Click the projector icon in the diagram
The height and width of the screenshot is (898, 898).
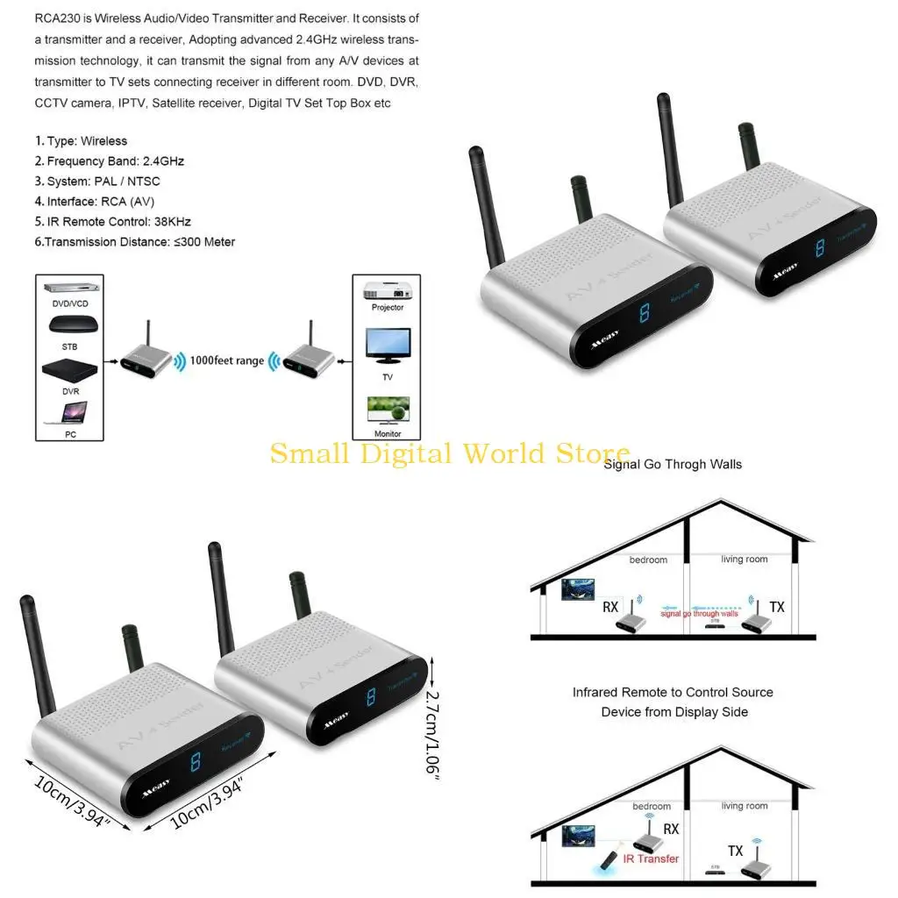(x=387, y=290)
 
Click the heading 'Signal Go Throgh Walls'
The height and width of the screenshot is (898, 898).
(x=672, y=464)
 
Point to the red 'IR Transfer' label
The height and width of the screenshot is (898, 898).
(x=651, y=859)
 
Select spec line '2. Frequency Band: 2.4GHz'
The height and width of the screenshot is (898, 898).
(x=109, y=161)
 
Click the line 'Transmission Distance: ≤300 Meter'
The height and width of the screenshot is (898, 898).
(x=135, y=242)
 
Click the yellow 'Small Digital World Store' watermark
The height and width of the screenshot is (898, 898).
(x=449, y=453)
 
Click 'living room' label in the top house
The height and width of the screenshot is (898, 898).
(x=744, y=559)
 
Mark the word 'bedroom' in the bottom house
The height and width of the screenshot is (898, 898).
(x=652, y=806)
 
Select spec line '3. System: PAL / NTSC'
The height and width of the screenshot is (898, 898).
(x=97, y=182)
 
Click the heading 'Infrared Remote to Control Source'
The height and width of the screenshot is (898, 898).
(x=673, y=692)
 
